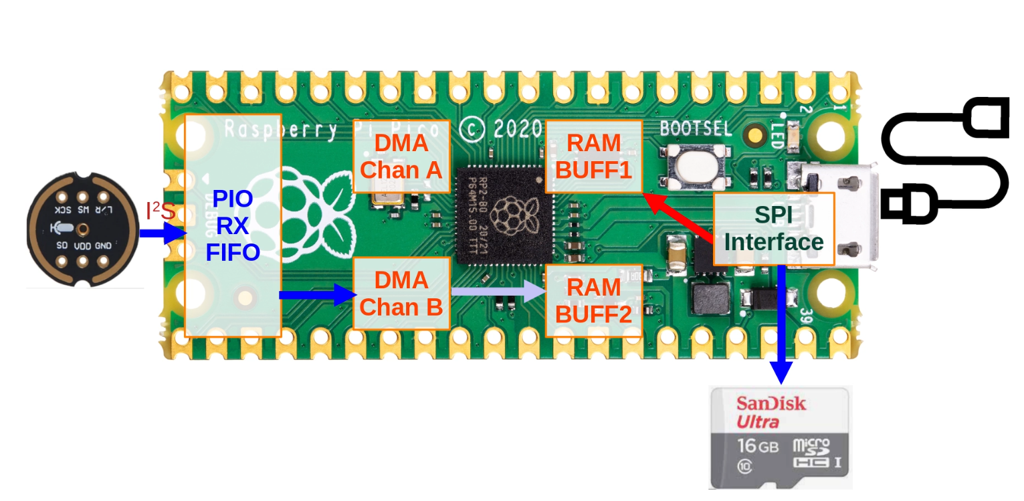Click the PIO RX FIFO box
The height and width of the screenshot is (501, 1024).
[232, 225]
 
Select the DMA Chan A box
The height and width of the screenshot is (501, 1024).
[401, 157]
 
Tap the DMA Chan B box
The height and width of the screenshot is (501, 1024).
[401, 293]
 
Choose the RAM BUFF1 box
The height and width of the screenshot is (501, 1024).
[593, 157]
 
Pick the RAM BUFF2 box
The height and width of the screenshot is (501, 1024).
[593, 300]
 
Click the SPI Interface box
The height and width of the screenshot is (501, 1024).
[774, 229]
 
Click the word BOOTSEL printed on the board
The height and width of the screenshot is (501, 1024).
[696, 128]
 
